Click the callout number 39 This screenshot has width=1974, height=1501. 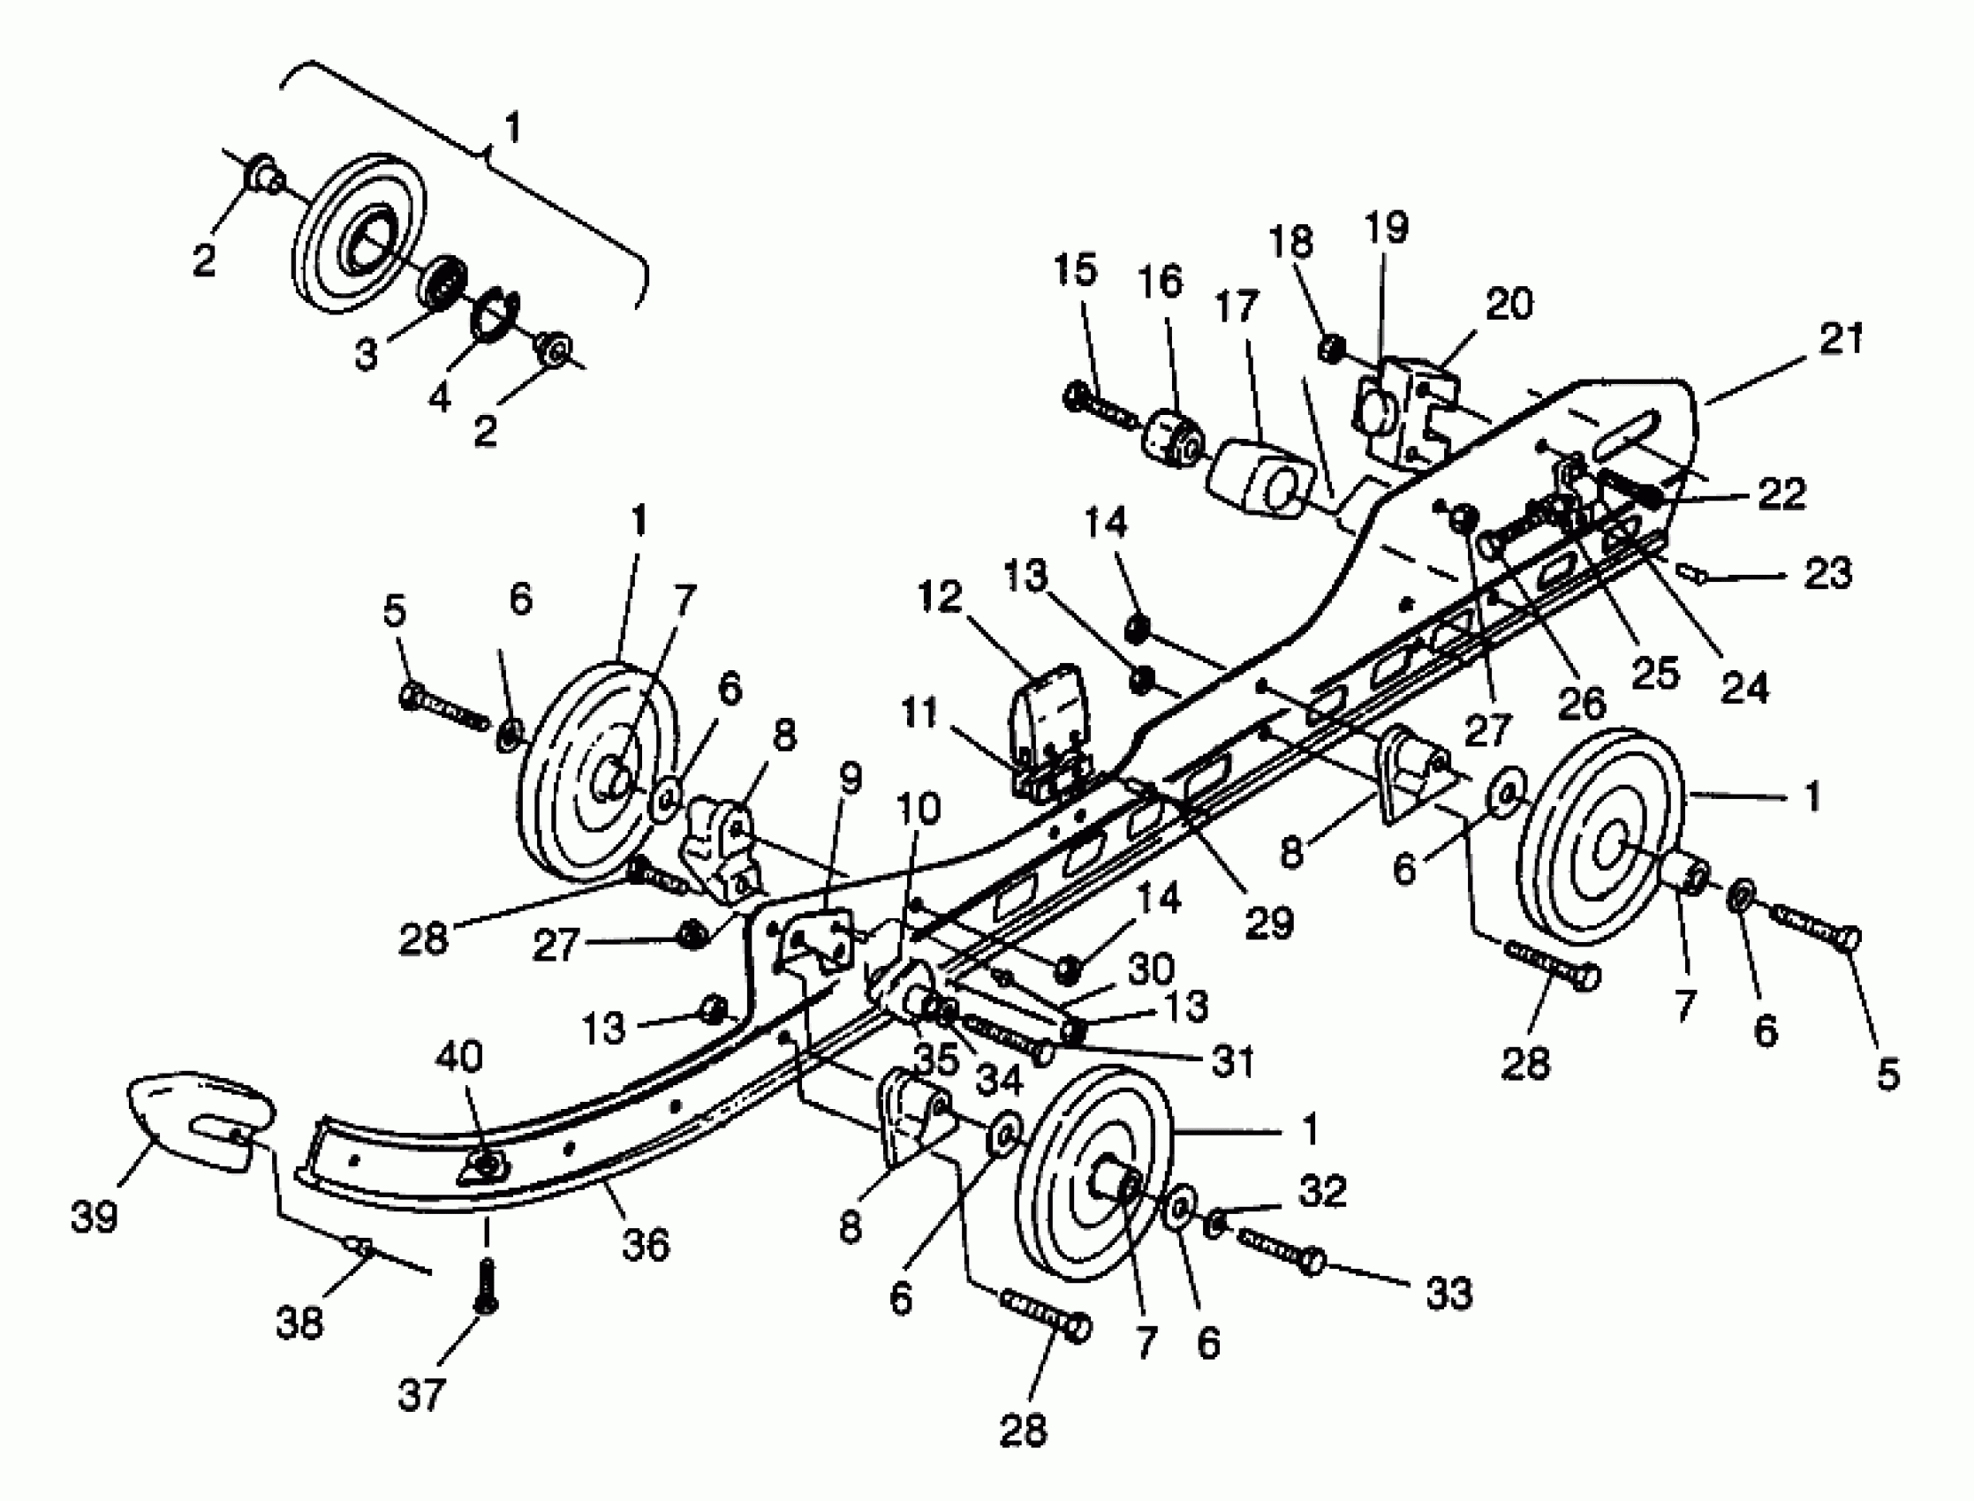pyautogui.click(x=95, y=1216)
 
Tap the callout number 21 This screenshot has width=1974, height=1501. pyautogui.click(x=1841, y=339)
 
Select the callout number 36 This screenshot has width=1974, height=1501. pyautogui.click(x=645, y=1245)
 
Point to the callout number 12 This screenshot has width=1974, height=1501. pyautogui.click(x=939, y=597)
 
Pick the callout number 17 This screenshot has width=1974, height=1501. pyautogui.click(x=1237, y=306)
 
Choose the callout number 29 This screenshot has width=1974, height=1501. pyautogui.click(x=1269, y=922)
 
